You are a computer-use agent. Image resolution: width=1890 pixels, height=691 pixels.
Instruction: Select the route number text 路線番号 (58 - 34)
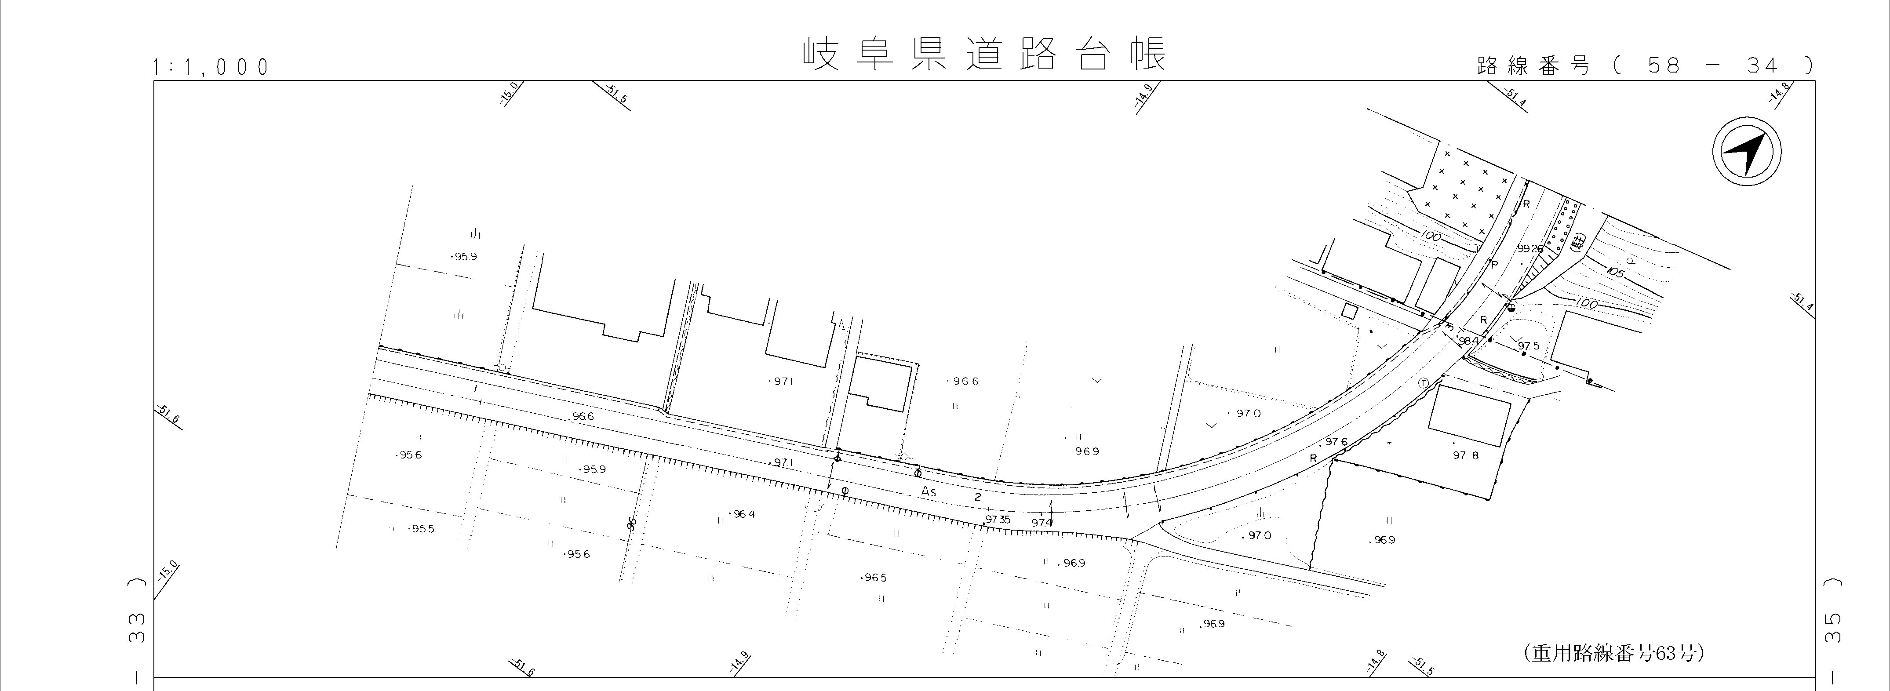(x=1643, y=66)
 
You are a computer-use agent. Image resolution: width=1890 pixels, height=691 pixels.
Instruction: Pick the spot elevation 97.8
(x=1466, y=455)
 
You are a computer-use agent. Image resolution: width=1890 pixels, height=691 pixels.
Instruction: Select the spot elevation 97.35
(x=998, y=520)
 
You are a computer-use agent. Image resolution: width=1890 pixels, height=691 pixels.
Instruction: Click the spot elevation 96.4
(x=743, y=514)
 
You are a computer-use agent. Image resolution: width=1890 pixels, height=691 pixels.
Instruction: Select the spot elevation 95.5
(x=422, y=529)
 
